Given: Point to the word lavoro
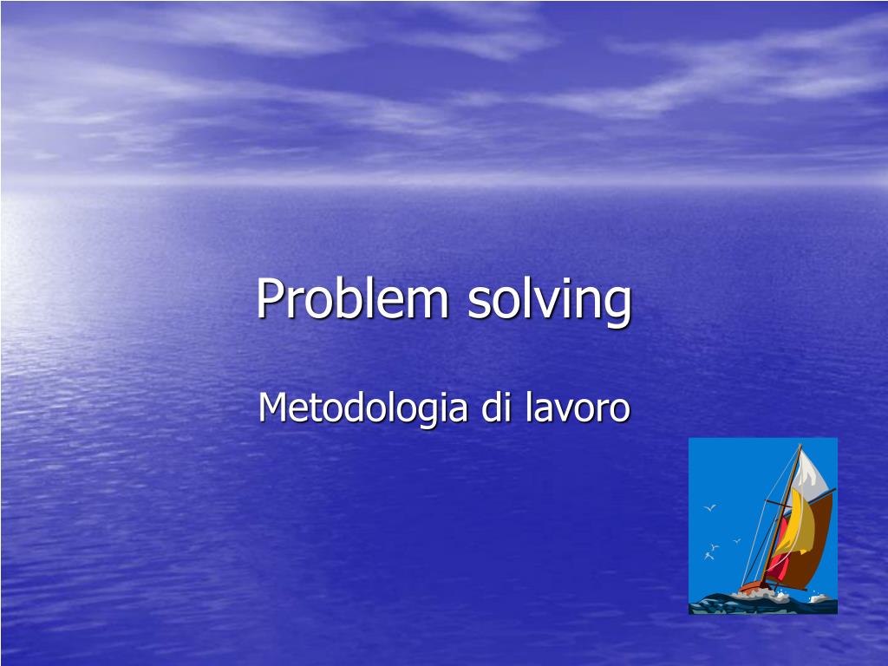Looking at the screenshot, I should click(577, 408).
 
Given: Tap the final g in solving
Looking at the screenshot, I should click(618, 305).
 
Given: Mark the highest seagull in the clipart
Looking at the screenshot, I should click(709, 507).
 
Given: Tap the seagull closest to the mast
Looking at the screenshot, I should click(736, 541).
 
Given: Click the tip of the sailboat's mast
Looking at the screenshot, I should click(800, 446).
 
